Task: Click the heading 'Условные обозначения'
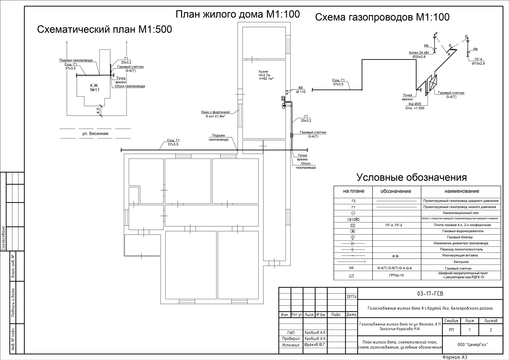tap(412, 177)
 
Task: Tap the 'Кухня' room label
tap(263, 72)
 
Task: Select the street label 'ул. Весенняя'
tap(95, 133)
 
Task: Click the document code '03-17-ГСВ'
tap(430, 294)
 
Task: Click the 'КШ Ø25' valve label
tap(415, 104)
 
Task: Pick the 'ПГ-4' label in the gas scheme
tap(478, 59)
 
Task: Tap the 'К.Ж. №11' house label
tap(95, 88)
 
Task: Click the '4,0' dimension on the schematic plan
tap(98, 111)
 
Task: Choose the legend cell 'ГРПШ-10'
tap(396, 275)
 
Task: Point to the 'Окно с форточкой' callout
tap(215, 112)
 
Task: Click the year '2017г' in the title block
tap(351, 297)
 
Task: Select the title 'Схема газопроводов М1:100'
tap(382, 17)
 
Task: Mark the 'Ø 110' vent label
tap(301, 92)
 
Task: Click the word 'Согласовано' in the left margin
tap(3, 238)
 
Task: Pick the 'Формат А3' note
tap(455, 357)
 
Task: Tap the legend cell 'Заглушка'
tap(461, 262)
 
